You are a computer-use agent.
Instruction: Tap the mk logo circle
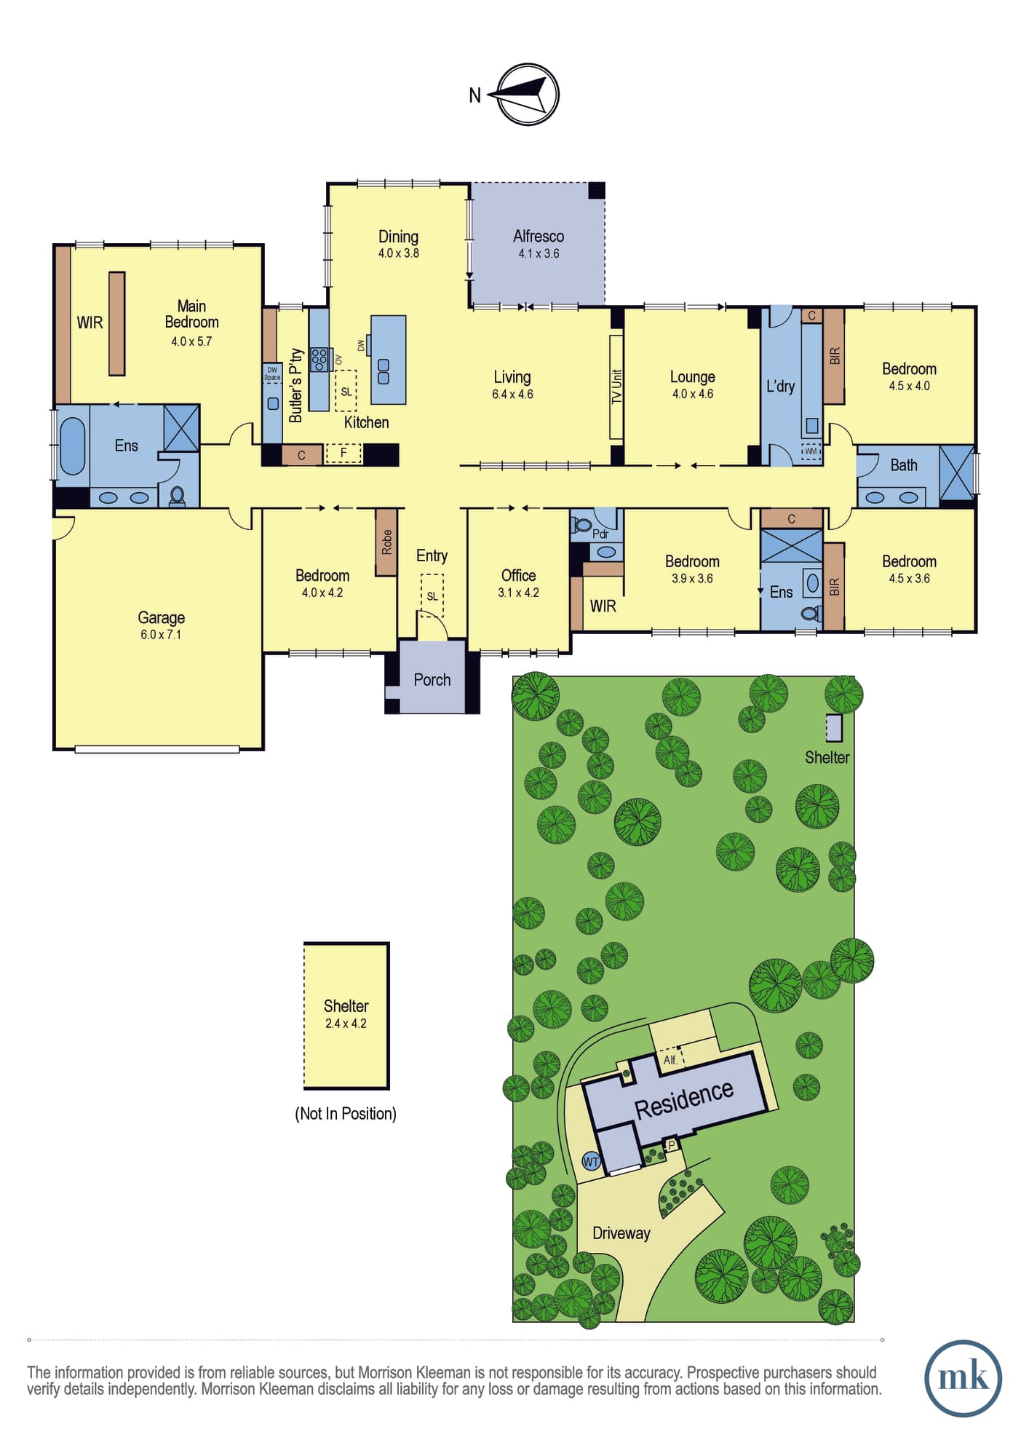point(963,1378)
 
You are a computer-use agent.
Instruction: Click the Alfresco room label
point(539,236)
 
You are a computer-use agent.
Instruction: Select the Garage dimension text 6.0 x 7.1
point(161,635)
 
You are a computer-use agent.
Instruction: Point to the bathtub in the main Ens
point(72,445)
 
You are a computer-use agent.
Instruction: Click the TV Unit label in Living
point(616,387)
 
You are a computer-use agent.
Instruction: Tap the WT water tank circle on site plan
point(591,1162)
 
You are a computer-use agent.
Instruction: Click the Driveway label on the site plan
point(621,1233)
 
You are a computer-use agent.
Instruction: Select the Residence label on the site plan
point(684,1099)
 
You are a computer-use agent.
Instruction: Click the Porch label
point(432,679)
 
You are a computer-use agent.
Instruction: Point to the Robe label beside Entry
point(386,542)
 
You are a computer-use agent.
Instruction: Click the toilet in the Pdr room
point(581,524)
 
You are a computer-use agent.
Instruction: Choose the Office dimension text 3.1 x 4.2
point(518,593)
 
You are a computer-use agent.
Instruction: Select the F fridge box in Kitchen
point(343,453)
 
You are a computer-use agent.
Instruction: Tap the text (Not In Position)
point(346,1113)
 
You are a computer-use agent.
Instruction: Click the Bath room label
point(904,464)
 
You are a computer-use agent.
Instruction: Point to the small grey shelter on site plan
point(834,728)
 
